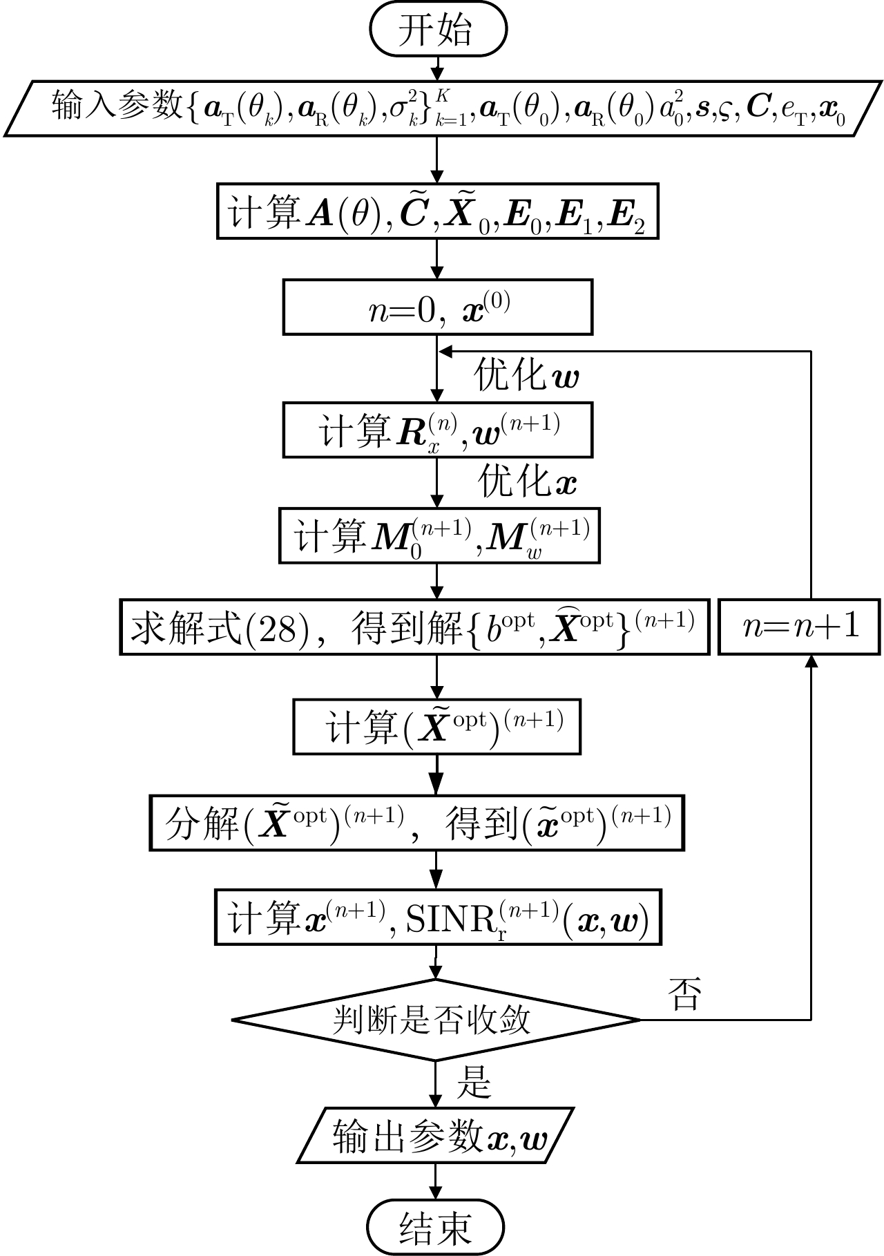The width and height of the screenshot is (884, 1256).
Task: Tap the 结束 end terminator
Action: click(435, 1227)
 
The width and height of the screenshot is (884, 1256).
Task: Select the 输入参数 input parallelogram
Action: click(442, 108)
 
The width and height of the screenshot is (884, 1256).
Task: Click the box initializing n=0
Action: click(437, 307)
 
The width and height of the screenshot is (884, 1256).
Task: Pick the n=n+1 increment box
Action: click(799, 627)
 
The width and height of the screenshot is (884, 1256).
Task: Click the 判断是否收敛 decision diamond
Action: click(435, 1020)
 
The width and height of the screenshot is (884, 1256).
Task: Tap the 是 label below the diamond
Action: click(473, 1082)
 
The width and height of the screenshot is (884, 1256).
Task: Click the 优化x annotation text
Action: click(528, 482)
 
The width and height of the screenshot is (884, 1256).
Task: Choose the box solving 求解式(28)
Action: click(414, 627)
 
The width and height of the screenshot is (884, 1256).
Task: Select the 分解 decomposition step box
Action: click(416, 823)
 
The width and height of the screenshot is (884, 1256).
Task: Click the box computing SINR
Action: click(437, 917)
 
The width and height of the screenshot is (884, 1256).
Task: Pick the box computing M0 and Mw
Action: click(439, 535)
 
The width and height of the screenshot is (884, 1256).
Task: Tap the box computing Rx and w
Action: click(437, 430)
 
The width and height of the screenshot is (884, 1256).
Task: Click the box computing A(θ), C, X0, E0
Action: click(437, 211)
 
